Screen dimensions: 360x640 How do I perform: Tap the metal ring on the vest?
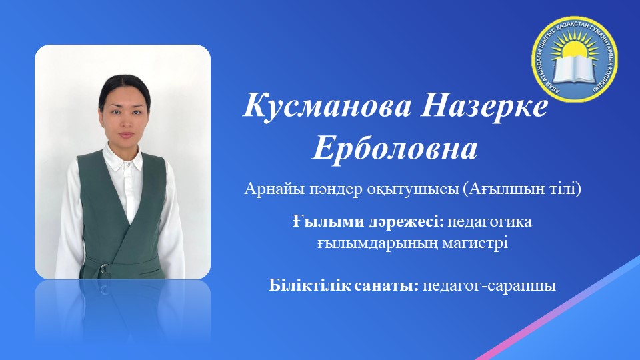tap(104, 269)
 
